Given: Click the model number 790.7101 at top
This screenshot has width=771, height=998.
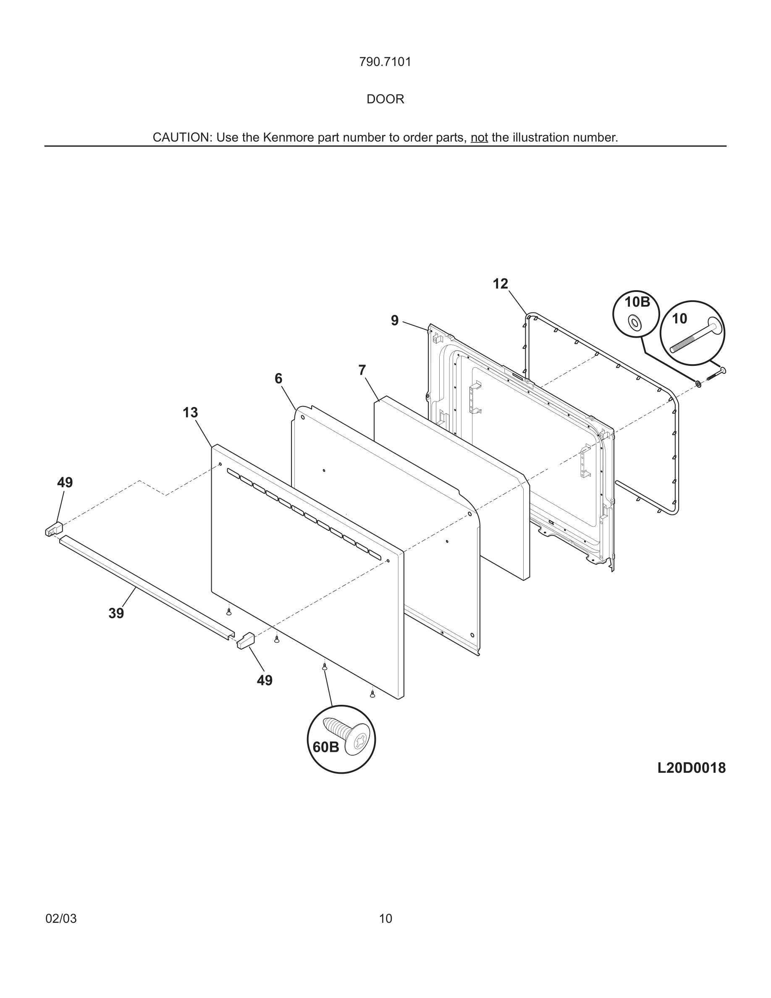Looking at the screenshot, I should pyautogui.click(x=385, y=62).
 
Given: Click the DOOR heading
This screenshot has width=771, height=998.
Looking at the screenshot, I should pyautogui.click(x=385, y=99).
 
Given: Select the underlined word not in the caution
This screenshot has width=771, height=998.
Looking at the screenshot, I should pyautogui.click(x=479, y=137).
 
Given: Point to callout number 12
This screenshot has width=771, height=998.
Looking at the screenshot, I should pyautogui.click(x=500, y=284).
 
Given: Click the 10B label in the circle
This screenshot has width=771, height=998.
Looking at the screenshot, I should pyautogui.click(x=637, y=302).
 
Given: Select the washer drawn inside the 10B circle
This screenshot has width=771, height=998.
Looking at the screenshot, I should pyautogui.click(x=635, y=323).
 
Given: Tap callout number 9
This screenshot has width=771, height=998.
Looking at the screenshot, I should pyautogui.click(x=395, y=321).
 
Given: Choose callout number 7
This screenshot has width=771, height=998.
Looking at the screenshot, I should pyautogui.click(x=362, y=370).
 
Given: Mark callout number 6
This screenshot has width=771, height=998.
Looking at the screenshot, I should pyautogui.click(x=278, y=378).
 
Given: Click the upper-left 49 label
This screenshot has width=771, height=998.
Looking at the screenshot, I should pyautogui.click(x=65, y=482).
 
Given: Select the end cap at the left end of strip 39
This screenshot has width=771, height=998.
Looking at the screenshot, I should pyautogui.click(x=54, y=529).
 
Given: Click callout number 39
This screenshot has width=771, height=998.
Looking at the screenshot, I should pyautogui.click(x=116, y=613).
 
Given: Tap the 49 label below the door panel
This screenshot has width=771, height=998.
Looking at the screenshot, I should pyautogui.click(x=265, y=680).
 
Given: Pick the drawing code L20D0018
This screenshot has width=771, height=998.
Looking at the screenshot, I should pyautogui.click(x=691, y=768).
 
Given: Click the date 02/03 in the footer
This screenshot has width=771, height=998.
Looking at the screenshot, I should pyautogui.click(x=61, y=919).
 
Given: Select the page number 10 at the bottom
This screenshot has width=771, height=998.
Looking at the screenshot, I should pyautogui.click(x=385, y=919).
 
